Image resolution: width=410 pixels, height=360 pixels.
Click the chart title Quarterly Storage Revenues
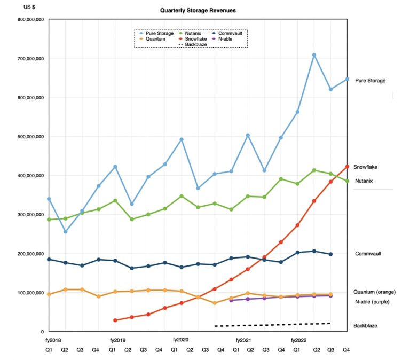coord(191,10)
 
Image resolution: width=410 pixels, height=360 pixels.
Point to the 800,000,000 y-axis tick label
coord(30,20)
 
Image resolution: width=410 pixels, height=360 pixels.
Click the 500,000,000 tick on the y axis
coord(30,137)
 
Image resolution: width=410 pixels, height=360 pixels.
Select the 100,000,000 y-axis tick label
coord(30,293)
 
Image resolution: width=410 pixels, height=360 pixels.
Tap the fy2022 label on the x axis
coord(299,340)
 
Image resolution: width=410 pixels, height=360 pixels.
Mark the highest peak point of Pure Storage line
coord(314,55)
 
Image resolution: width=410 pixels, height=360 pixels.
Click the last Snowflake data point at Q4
coord(348,167)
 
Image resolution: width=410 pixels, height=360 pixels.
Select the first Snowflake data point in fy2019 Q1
coord(115,320)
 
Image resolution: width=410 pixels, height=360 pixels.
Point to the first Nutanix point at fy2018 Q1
coord(49,220)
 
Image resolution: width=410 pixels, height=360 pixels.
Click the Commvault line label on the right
coord(368,254)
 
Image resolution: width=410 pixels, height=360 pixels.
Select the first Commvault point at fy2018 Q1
coord(49,259)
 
